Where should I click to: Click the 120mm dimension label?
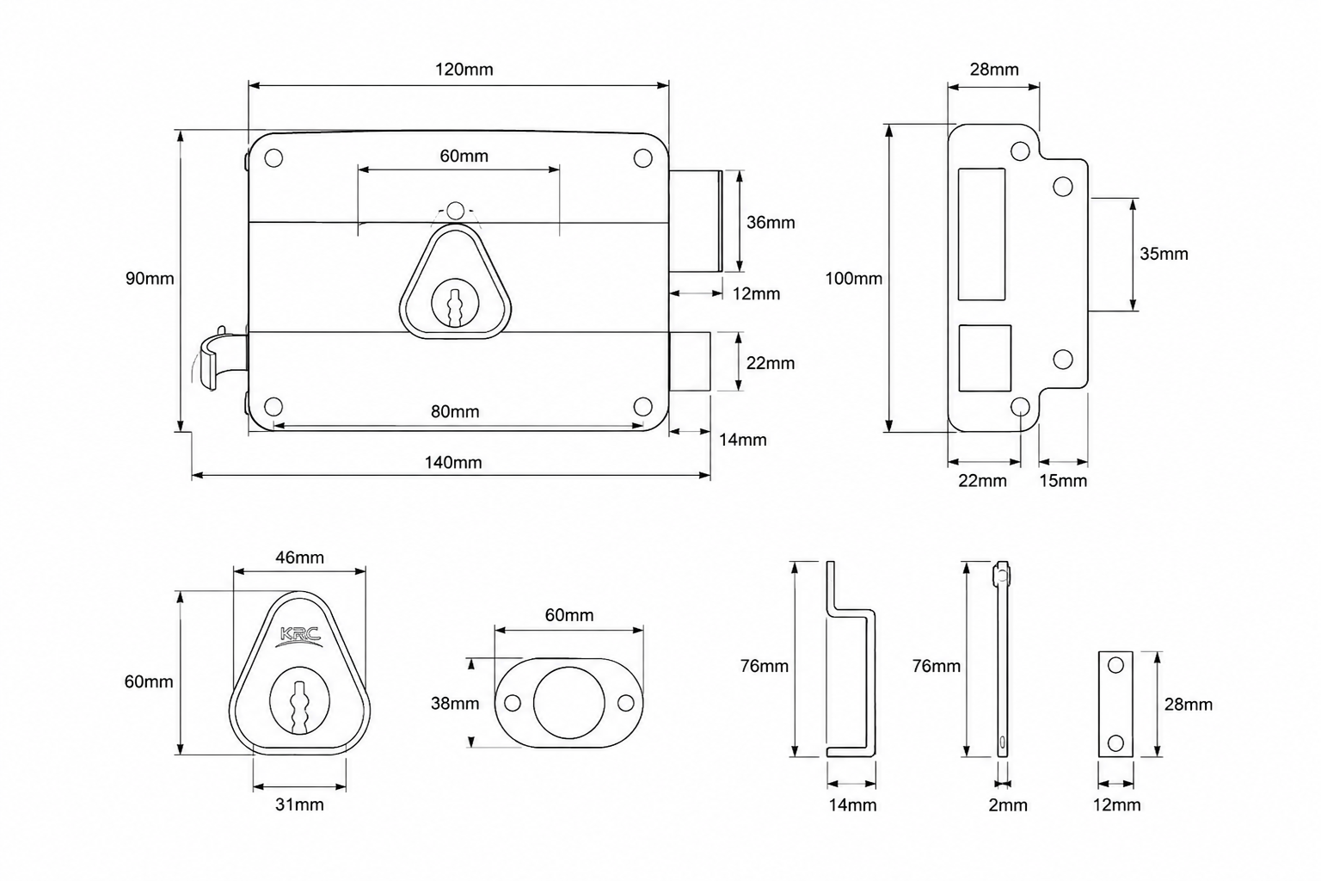pos(464,70)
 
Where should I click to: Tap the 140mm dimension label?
pos(453,463)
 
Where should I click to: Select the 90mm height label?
pos(150,279)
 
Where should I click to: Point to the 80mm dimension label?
pos(455,411)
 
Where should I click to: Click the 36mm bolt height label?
pos(771,223)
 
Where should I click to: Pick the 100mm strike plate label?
pos(853,279)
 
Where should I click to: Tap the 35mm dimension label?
pos(1164,254)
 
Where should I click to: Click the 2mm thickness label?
pos(1008,805)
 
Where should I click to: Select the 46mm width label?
pos(299,558)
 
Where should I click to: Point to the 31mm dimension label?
pos(299,804)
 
